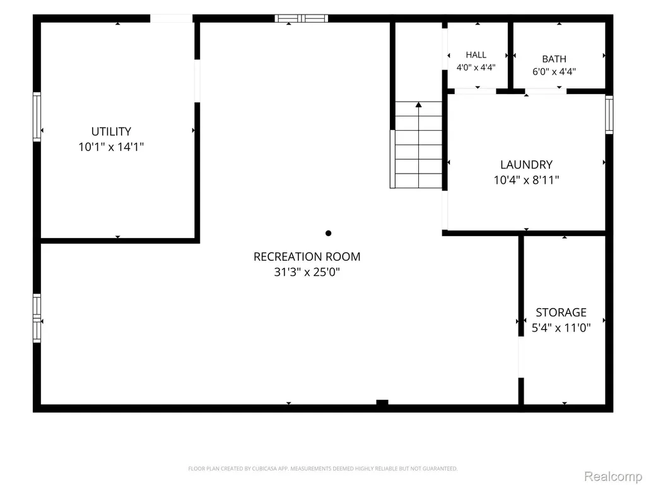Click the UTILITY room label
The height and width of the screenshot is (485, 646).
coord(111,131)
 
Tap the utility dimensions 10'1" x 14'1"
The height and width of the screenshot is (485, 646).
coord(111,147)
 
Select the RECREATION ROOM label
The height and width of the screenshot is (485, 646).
coord(307,257)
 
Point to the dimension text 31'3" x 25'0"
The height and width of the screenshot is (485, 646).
coord(307,272)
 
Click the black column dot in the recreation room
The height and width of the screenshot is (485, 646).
coord(328,234)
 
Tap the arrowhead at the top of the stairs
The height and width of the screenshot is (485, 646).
coord(419,105)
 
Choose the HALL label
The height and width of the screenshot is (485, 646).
coord(476,55)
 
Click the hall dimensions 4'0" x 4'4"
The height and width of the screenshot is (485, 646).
coord(476,67)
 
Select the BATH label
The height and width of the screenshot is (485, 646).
coord(554,59)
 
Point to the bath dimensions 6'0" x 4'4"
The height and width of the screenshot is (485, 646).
coord(554,72)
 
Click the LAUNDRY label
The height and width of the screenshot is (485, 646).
coord(527,165)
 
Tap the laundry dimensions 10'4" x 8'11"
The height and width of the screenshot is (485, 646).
coord(527,180)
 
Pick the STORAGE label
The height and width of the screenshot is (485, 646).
coord(561,313)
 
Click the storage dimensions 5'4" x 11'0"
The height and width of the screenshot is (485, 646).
coord(561,328)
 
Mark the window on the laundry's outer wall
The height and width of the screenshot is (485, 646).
coord(609,115)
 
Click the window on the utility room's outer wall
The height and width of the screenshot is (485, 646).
coord(37,117)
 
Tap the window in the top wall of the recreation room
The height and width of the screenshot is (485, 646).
coord(301,18)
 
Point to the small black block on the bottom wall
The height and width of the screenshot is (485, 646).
coord(382,403)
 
